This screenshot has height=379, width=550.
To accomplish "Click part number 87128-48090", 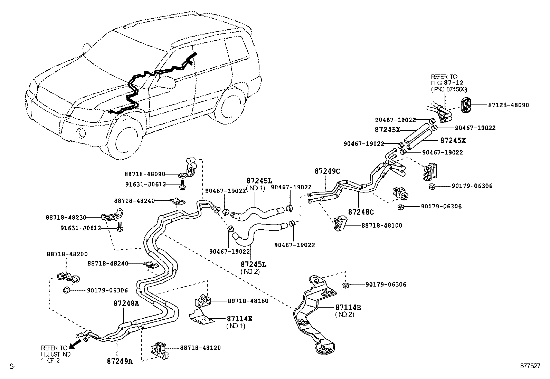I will pos(508,105).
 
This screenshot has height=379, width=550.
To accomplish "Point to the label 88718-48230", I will pos(66,218).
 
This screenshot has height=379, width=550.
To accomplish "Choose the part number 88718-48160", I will pos(248,301).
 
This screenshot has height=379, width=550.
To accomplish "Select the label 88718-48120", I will pos(200,348).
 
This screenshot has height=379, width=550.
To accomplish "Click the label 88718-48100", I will pos(382,225).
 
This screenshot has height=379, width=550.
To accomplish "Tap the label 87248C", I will pos(361,212).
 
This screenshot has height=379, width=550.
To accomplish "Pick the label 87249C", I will pos(327,171).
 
